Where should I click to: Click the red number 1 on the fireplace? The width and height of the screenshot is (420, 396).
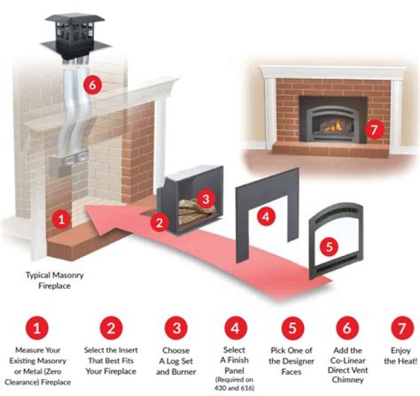(x=60, y=219)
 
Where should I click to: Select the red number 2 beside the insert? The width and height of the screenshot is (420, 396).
(x=159, y=222)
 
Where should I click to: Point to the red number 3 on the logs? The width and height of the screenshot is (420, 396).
(x=204, y=198)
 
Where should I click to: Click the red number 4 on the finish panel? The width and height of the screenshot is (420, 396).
(x=265, y=216)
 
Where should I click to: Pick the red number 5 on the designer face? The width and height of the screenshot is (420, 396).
(x=329, y=246)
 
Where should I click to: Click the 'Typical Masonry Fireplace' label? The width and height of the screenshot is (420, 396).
(x=54, y=279)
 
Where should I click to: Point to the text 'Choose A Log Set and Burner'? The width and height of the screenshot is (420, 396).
(x=176, y=361)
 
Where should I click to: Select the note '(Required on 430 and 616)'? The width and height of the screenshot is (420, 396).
(x=235, y=385)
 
